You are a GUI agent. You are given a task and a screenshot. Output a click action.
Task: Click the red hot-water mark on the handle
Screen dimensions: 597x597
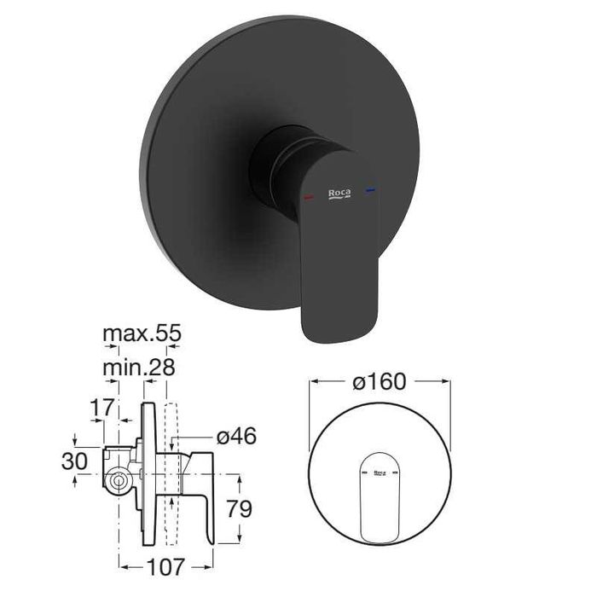[309, 197]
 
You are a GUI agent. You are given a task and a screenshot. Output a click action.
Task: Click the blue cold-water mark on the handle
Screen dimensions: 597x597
[369, 189]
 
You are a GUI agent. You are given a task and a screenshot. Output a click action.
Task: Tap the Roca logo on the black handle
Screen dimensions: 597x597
[339, 194]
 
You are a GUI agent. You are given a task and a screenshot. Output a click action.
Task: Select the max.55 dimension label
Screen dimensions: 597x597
[142, 333]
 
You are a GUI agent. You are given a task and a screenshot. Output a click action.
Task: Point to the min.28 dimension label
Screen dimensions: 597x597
[139, 368]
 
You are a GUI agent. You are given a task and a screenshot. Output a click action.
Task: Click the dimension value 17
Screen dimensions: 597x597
[101, 408]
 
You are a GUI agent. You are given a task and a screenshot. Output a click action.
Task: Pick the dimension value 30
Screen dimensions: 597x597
[74, 461]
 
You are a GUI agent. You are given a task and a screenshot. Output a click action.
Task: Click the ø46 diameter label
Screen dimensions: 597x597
[236, 436]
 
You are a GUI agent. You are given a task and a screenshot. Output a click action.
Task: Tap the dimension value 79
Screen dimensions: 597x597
[239, 508]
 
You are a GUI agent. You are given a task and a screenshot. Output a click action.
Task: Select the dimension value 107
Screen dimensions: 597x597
[166, 567]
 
